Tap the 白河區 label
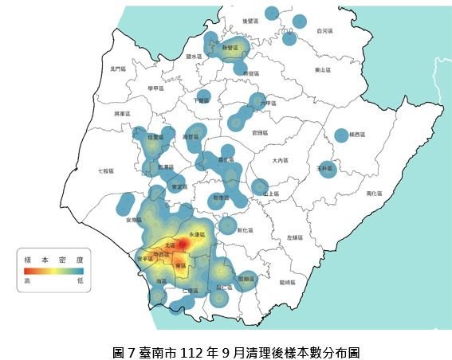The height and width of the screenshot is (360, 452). tap(324, 30)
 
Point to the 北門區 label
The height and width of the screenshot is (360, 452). tap(118, 69)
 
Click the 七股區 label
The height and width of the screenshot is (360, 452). tap(105, 170)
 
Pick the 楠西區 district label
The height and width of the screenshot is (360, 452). tap(356, 135)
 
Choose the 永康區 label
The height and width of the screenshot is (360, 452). tap(197, 234)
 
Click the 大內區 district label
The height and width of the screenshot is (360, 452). tap(280, 160)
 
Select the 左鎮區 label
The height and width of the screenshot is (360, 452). tap(295, 237)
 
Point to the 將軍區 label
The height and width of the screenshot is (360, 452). tap(122, 114)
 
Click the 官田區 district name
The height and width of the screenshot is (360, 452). tap(259, 132)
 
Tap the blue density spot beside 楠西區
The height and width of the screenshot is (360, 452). tap(341, 135)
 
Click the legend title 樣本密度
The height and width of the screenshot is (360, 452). tap(54, 258)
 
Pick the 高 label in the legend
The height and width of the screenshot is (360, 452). tap(28, 280)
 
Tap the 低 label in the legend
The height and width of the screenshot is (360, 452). tap(81, 280)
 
